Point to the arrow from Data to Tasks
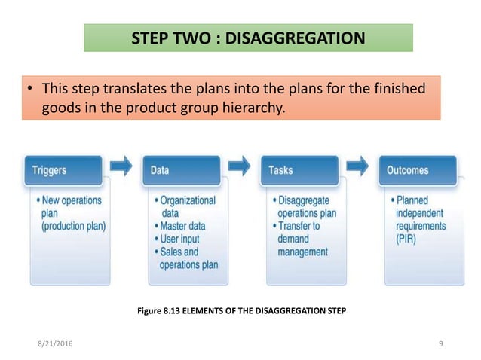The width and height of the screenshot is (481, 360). [240, 164]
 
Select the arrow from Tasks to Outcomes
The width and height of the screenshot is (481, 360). [358, 164]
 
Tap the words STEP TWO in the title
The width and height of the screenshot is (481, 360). [162, 37]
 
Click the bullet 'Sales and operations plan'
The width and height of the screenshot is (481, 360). [188, 258]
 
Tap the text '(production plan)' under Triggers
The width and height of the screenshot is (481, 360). [74, 226]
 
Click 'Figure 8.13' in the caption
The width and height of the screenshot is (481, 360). [156, 310]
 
